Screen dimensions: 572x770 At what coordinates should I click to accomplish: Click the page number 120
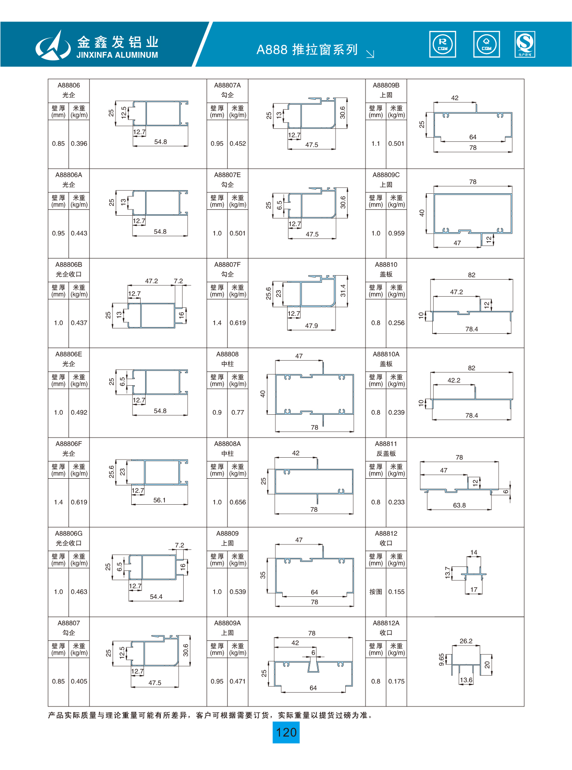286,732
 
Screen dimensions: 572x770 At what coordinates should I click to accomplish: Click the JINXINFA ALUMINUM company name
117,55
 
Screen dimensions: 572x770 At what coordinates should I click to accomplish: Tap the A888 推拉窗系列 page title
307,50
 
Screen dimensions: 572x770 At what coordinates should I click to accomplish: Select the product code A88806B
69,264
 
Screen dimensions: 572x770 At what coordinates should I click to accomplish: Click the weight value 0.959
396,233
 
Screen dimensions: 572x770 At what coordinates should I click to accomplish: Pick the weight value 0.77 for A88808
238,413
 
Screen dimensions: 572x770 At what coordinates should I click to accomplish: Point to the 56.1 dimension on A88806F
159,500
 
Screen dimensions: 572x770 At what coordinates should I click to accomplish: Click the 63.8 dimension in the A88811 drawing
459,505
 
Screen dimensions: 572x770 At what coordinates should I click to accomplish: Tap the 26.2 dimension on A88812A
466,641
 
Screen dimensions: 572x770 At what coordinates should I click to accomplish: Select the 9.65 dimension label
442,659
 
